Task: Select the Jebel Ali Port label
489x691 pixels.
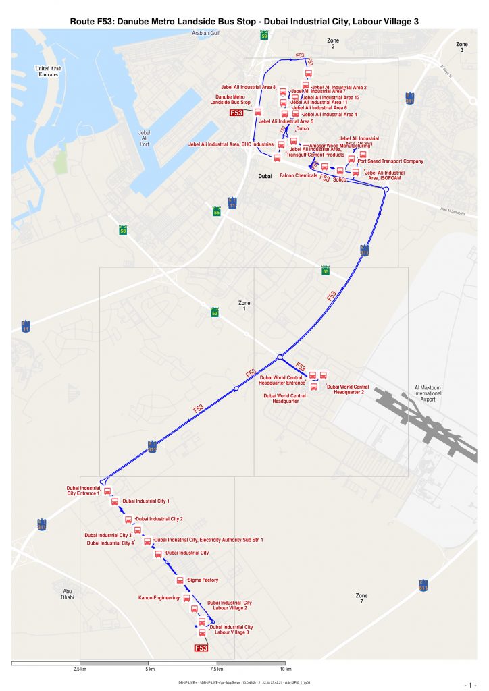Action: (x=144, y=138)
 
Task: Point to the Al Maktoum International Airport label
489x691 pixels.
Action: (x=432, y=394)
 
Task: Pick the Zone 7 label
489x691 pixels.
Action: (x=362, y=599)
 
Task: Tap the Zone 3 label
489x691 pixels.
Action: (x=462, y=47)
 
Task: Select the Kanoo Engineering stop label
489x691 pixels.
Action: (x=159, y=598)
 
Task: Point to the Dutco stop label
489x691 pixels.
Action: (x=303, y=128)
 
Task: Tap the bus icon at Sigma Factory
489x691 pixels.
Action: (x=180, y=580)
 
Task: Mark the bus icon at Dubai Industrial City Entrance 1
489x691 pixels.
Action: (x=107, y=492)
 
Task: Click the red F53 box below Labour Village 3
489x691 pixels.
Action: (x=201, y=648)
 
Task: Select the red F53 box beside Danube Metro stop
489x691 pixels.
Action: (x=236, y=113)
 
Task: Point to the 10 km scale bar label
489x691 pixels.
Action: (x=285, y=669)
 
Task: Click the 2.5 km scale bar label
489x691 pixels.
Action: (x=80, y=669)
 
